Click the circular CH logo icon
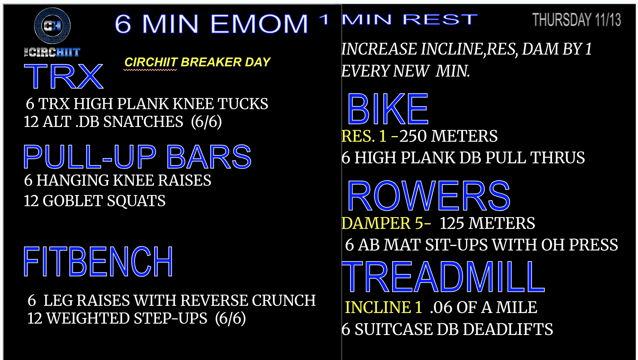point(52,26)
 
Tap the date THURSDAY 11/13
point(577,20)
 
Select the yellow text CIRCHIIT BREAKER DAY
point(197,62)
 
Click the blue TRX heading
point(64,76)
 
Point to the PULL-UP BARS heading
point(137,157)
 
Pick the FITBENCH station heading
point(98,261)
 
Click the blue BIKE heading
point(388,109)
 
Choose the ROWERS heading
point(428,196)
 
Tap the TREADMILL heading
point(443,277)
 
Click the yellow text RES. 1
point(364,136)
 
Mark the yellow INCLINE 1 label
point(383,307)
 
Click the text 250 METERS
point(448,136)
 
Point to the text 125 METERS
point(487,223)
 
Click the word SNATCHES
point(143,122)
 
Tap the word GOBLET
point(72,201)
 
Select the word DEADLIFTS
point(508,329)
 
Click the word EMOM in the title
point(259,23)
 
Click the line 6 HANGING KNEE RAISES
point(117,180)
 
